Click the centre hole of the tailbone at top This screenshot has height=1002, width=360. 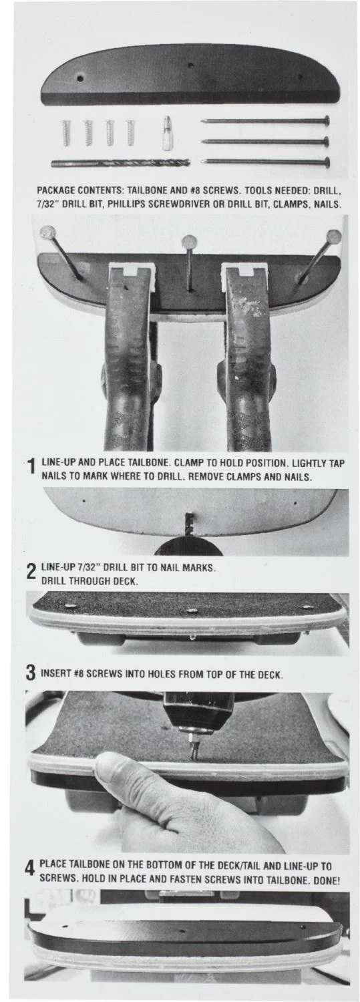tap(190, 66)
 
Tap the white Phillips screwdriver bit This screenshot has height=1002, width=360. tap(166, 133)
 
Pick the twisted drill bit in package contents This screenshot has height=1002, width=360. tap(120, 162)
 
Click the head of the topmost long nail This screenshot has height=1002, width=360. tap(325, 121)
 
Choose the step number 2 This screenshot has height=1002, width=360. tap(31, 573)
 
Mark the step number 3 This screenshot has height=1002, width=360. tap(31, 674)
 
